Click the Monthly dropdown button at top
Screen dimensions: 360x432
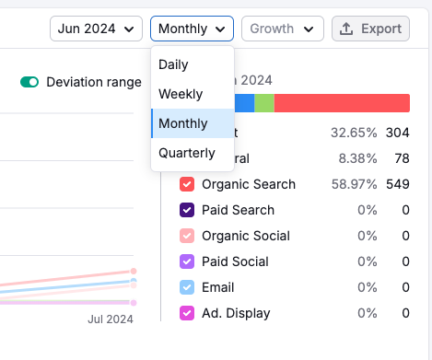click(192, 29)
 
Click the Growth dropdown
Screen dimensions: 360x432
click(282, 29)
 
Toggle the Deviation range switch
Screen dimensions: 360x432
click(29, 83)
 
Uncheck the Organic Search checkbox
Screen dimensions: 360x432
click(187, 184)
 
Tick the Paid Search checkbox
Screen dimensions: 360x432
click(187, 210)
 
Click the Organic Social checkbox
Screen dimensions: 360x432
click(187, 236)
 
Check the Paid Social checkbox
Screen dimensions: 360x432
click(187, 261)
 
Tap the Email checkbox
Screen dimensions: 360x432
click(187, 287)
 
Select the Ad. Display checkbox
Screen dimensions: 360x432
click(187, 313)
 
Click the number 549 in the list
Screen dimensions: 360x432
click(397, 184)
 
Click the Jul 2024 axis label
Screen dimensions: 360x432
click(111, 319)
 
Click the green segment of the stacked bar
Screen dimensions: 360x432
click(264, 103)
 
